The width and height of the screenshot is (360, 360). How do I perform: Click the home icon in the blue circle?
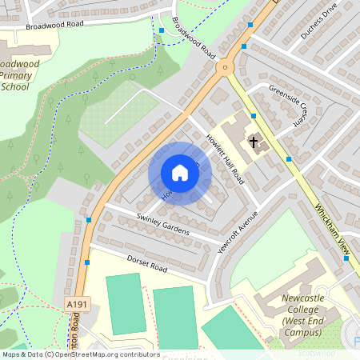pos(180,173)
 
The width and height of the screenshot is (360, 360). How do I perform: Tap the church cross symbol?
pos(254,143)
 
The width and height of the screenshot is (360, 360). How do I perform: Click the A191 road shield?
pos(77,305)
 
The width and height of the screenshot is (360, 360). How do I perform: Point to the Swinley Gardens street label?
pos(163,224)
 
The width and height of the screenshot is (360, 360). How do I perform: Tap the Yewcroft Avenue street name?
pos(238,233)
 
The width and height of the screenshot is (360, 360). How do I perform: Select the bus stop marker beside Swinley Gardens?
pos(89,219)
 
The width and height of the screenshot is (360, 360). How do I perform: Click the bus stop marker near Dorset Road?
pos(86,262)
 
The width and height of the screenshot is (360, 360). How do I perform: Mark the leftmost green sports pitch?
pos(126,303)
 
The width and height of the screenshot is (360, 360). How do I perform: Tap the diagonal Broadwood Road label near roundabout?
pos(194,44)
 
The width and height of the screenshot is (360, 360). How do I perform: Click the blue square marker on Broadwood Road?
pos(162,30)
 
